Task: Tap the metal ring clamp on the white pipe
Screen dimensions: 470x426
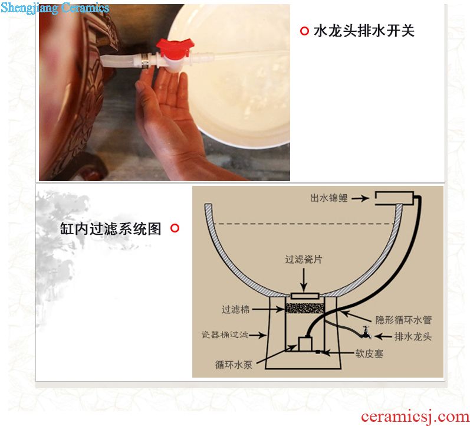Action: point(146,60)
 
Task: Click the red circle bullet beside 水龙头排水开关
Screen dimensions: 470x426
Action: point(304,31)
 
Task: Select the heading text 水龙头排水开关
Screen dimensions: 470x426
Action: point(364,31)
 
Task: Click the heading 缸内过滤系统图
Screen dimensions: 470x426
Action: point(111,228)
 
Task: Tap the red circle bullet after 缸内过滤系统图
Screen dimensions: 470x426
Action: point(175,228)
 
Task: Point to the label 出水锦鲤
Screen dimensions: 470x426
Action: point(329,198)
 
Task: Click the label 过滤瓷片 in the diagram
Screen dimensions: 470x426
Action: point(303,259)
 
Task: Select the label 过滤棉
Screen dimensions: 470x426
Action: point(236,309)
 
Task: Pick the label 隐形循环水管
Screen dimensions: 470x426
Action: point(403,320)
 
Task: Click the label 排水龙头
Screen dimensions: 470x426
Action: point(413,336)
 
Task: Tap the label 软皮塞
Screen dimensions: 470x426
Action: point(369,353)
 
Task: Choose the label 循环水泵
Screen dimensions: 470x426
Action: point(234,365)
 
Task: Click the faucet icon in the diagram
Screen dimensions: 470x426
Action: point(366,332)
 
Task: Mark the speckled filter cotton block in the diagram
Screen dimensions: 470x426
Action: point(304,308)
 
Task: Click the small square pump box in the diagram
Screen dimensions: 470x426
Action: point(305,344)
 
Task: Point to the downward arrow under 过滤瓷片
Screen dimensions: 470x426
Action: point(304,280)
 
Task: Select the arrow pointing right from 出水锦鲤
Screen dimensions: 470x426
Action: point(360,198)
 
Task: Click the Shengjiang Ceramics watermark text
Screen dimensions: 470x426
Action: point(55,8)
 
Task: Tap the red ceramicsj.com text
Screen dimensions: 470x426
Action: point(415,417)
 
